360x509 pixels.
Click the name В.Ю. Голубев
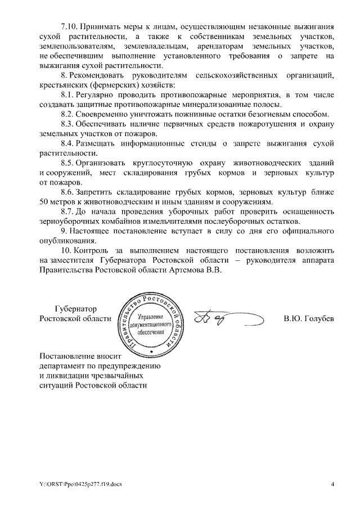point(309,318)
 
